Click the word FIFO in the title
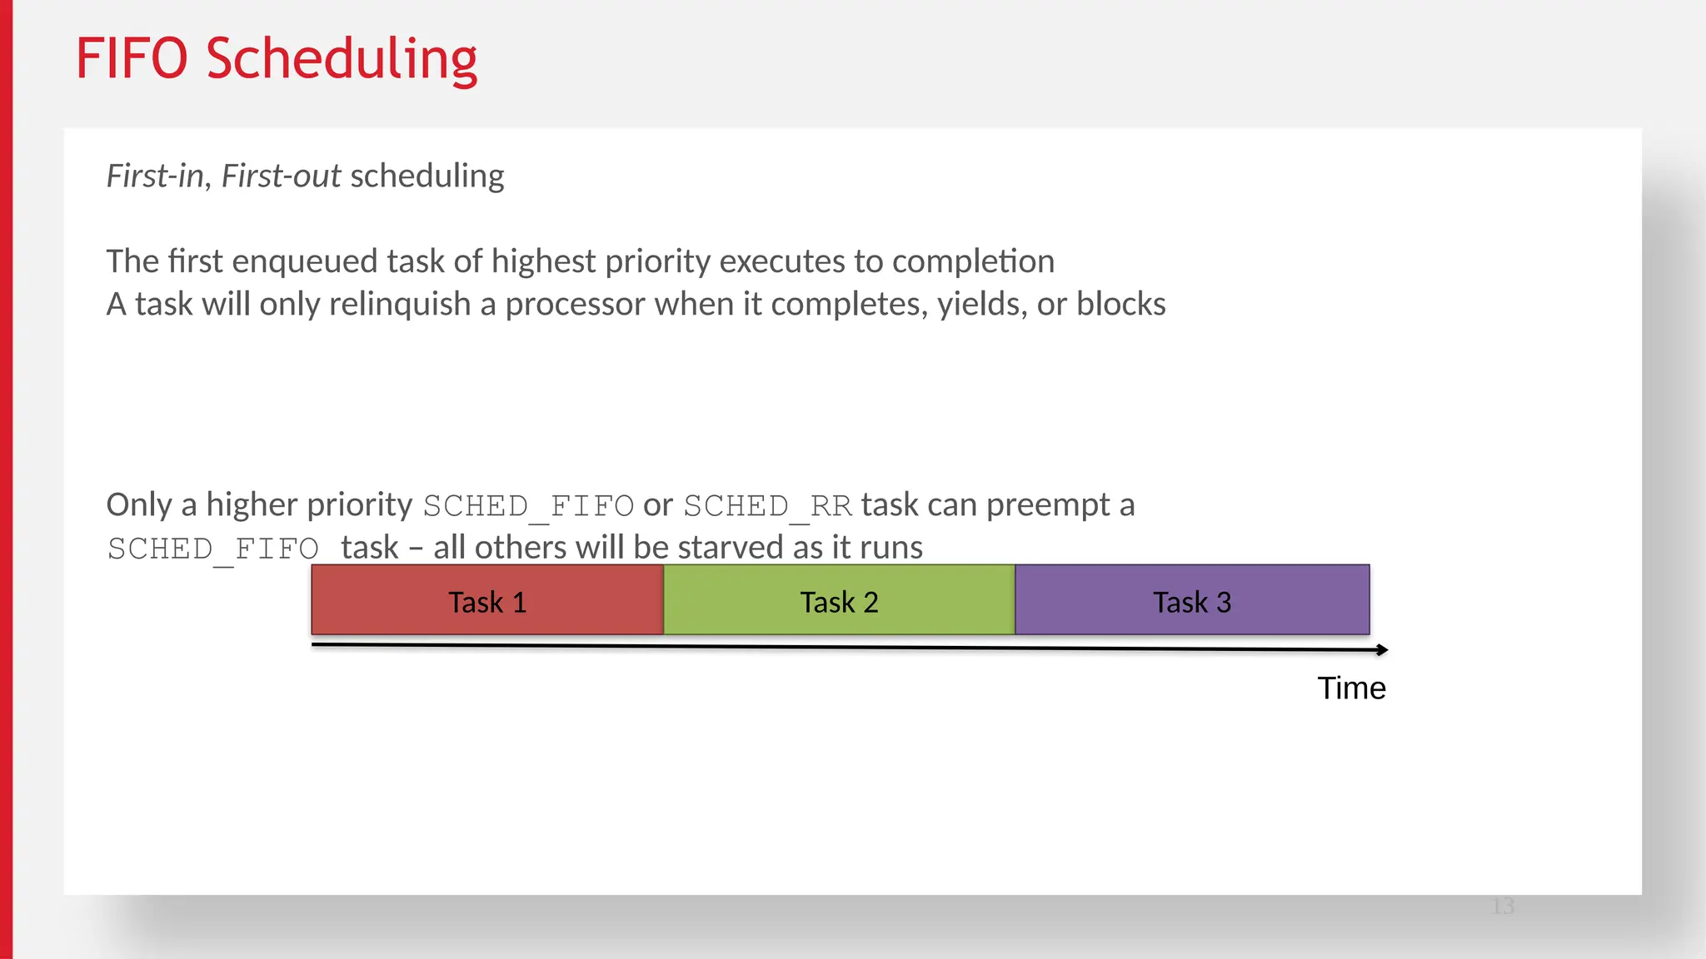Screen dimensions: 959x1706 [x=132, y=59]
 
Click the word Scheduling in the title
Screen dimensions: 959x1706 [x=342, y=59]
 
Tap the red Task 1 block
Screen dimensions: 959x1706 [x=487, y=601]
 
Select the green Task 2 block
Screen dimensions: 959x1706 [x=839, y=601]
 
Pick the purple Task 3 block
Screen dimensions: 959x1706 [x=1192, y=601]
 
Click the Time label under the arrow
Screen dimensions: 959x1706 [x=1351, y=688]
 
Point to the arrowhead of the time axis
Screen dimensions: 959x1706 [x=1382, y=649]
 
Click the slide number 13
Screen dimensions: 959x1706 [x=1503, y=907]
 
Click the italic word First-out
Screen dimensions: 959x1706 [x=281, y=176]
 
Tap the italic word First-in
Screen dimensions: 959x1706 [x=155, y=176]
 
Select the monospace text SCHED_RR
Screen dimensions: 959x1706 [x=767, y=506]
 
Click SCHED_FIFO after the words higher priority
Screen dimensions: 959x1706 [x=528, y=506]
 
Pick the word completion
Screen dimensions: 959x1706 [x=973, y=262]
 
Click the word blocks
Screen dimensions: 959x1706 [x=1120, y=305]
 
